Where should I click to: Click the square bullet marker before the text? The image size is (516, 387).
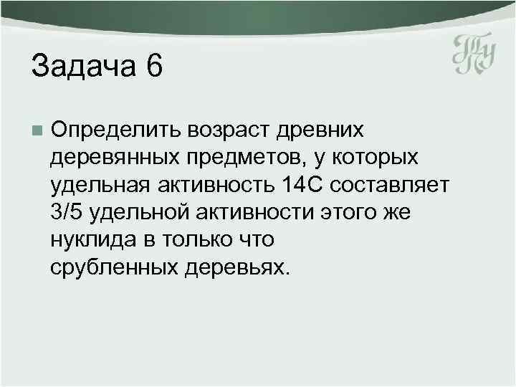point(37,130)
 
